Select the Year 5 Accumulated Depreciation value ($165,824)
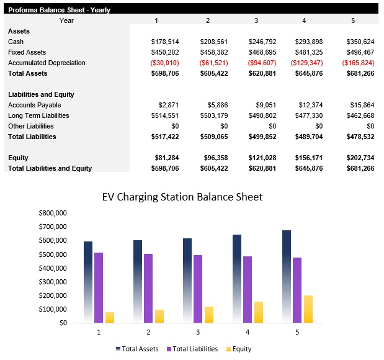coord(358,63)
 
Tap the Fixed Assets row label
coord(27,52)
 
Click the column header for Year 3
coord(256,20)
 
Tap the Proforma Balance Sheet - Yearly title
coord(51,9)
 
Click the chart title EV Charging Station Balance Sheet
coord(182,197)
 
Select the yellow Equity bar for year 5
coord(308,309)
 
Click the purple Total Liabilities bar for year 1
coord(99,287)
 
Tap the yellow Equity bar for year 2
coord(159,316)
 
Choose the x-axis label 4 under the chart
coord(248,333)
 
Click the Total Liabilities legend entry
coord(192,349)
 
